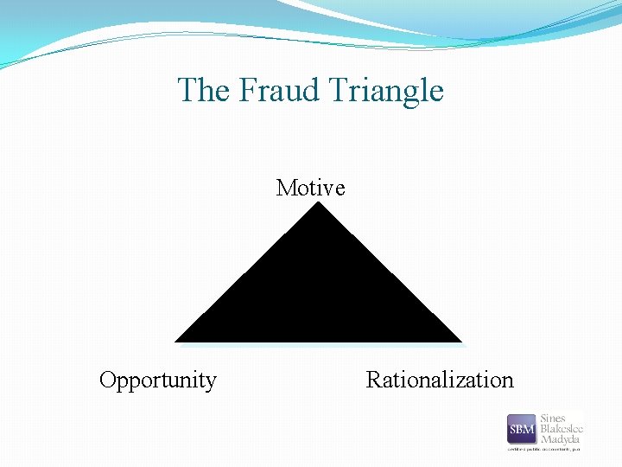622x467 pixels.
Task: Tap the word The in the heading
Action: [203, 90]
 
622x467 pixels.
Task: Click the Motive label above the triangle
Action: [310, 188]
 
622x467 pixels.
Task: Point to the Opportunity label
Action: [158, 380]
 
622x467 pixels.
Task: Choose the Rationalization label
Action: [440, 380]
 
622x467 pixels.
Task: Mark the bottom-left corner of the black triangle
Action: [177, 342]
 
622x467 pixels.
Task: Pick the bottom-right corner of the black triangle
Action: [461, 342]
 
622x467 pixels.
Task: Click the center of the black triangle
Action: [319, 298]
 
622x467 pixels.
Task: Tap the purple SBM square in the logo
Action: [522, 429]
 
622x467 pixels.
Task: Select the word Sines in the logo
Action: [553, 419]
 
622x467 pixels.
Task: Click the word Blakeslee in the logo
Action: [562, 429]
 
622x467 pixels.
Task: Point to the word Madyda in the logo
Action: [559, 439]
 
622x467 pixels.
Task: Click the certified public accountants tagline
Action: [544, 450]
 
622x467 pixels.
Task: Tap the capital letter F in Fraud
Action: [245, 90]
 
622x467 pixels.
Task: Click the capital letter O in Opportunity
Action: [108, 380]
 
